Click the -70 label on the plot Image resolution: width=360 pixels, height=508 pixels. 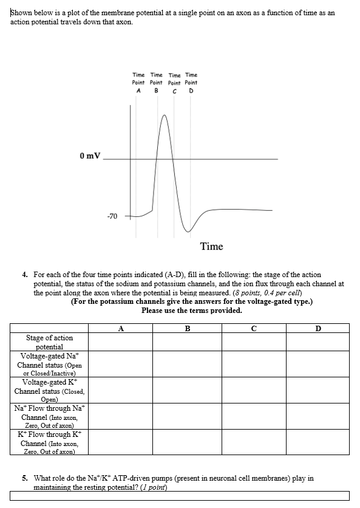coord(112,215)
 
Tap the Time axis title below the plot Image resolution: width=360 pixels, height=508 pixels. coord(211,246)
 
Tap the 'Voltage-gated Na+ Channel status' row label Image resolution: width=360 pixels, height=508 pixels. coord(50,364)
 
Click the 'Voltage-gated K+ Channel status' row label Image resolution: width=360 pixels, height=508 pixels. coord(50,390)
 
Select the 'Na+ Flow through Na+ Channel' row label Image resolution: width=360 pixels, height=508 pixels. coord(50,417)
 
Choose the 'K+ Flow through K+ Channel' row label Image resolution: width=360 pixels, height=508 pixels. coord(50,442)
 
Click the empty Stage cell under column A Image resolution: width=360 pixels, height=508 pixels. coord(121,342)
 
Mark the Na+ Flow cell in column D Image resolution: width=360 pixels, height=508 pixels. coord(318,417)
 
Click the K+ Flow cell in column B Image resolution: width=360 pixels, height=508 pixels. coord(187,442)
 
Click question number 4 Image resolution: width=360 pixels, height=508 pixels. coord(25,275)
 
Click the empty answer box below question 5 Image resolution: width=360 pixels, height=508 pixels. coord(180,496)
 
